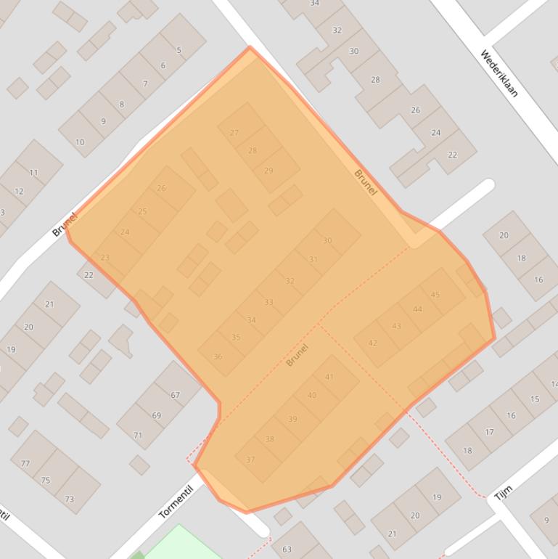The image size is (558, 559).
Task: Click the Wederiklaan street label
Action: (499, 73)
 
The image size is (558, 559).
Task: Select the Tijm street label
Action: (503, 493)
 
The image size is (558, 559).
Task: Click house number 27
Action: (234, 133)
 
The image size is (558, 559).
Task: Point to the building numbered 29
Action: (268, 171)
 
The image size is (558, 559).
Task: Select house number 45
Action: (435, 295)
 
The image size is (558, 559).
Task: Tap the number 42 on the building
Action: (372, 343)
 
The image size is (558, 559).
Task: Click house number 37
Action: (250, 460)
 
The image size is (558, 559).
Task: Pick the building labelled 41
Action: (329, 377)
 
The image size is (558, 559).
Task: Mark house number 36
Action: (218, 356)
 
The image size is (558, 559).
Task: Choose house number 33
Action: (268, 302)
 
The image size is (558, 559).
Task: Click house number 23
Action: (105, 258)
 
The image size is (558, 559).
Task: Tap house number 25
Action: (142, 211)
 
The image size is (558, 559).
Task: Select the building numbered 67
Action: (175, 395)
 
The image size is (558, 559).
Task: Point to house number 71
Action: (138, 435)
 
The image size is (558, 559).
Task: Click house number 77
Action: (25, 463)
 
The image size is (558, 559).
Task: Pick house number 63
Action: (287, 550)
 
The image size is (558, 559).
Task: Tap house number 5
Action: (179, 50)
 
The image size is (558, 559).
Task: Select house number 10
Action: (80, 142)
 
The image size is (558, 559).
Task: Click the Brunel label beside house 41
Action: (297, 354)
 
